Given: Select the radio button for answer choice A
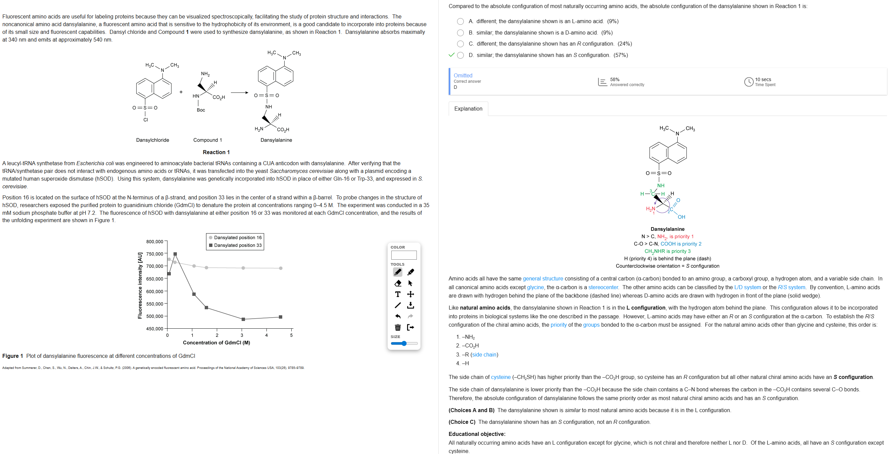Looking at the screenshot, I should pyautogui.click(x=460, y=21).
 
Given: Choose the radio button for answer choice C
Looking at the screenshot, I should pyautogui.click(x=460, y=44).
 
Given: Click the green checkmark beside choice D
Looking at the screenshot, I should pyautogui.click(x=452, y=55).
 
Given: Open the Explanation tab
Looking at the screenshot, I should pyautogui.click(x=468, y=109).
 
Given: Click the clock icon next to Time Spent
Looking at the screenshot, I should pyautogui.click(x=748, y=82).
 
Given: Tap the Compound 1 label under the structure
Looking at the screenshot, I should pyautogui.click(x=207, y=140).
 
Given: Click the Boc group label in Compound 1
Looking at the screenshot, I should pyautogui.click(x=201, y=110).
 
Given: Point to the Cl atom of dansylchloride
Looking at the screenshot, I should pyautogui.click(x=145, y=120).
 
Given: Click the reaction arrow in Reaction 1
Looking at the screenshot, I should pyautogui.click(x=239, y=92).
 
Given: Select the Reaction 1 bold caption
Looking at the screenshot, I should pyautogui.click(x=216, y=152).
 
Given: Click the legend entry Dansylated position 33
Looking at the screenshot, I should pyautogui.click(x=238, y=245).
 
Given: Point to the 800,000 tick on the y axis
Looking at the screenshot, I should pyautogui.click(x=155, y=242).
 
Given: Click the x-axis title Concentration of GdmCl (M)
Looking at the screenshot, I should pyautogui.click(x=216, y=343).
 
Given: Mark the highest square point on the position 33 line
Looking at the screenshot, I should pyautogui.click(x=175, y=254).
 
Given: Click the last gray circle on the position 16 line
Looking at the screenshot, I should pyautogui.click(x=281, y=268).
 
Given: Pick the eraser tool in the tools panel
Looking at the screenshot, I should pyautogui.click(x=398, y=283).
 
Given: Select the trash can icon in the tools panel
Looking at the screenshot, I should pyautogui.click(x=398, y=327).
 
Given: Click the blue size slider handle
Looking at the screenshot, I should pyautogui.click(x=404, y=343).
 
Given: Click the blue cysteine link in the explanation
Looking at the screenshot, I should pyautogui.click(x=500, y=377).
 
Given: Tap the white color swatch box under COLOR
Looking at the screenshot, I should pyautogui.click(x=404, y=255).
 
